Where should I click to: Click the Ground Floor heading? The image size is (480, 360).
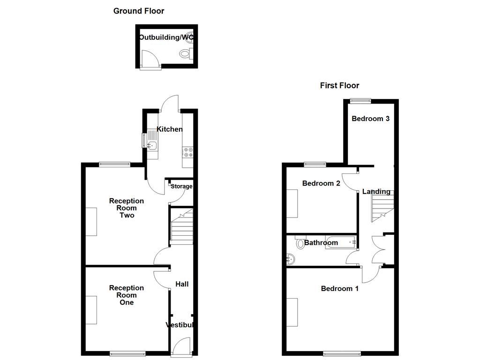[x=139, y=11]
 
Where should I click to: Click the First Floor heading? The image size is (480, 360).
[x=339, y=85]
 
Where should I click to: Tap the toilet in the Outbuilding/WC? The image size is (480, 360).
[x=186, y=54]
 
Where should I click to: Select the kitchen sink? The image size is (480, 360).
[x=152, y=145]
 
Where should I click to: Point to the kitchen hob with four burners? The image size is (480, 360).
[x=187, y=152]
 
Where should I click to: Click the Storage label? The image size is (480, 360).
[x=181, y=186]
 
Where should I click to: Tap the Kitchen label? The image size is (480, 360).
[x=170, y=129]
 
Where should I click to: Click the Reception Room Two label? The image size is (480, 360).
[x=127, y=208]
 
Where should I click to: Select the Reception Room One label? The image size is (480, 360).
[x=127, y=295]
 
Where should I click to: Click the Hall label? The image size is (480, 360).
[x=182, y=284]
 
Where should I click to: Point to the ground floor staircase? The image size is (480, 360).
[x=181, y=226]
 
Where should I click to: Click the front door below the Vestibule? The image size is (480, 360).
[x=180, y=349]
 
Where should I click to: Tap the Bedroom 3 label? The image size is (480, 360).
[x=371, y=119]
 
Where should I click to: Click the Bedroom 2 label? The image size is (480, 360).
[x=321, y=183]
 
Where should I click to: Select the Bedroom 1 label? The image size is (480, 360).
[x=340, y=289]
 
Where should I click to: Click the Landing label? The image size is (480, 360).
[x=376, y=191]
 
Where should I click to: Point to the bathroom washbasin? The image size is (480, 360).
[x=291, y=258]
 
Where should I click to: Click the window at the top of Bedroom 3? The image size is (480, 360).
[x=360, y=100]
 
